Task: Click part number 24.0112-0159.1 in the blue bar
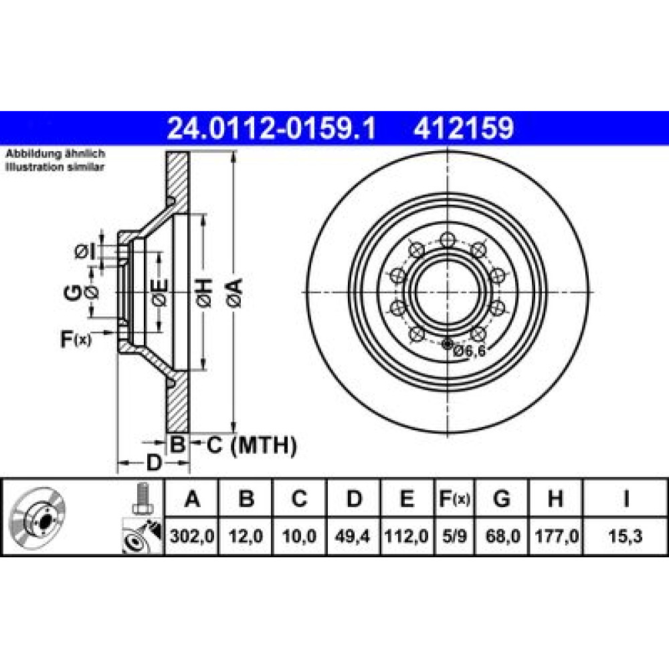click(272, 128)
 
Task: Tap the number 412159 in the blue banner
click(464, 128)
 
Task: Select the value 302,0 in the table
click(191, 536)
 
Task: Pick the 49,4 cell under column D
click(353, 536)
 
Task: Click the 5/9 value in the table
click(454, 536)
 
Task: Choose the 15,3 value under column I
click(626, 536)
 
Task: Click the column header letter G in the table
click(501, 498)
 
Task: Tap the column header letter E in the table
click(407, 498)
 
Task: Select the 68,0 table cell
click(502, 536)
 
